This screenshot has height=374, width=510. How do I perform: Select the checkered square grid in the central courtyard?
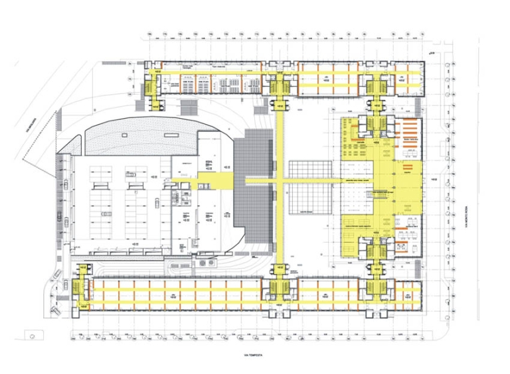309,186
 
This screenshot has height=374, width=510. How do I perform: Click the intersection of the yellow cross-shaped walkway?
281,180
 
